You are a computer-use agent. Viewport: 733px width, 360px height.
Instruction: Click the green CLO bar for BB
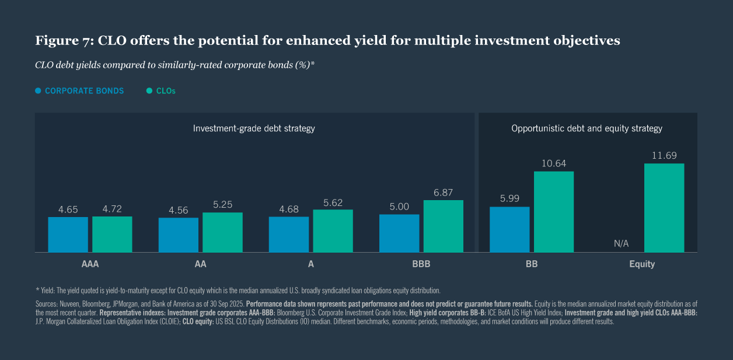point(553,212)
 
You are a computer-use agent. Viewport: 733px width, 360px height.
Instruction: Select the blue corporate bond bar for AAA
point(68,235)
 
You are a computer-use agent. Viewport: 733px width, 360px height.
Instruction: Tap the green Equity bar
point(664,208)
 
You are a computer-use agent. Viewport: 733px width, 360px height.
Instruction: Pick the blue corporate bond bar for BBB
point(399,233)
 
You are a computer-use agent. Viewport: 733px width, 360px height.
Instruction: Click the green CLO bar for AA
point(222,232)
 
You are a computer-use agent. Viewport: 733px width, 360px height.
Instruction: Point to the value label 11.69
point(664,155)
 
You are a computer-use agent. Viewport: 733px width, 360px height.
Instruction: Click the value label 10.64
point(553,163)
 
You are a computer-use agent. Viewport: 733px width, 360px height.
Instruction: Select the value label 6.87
point(443,192)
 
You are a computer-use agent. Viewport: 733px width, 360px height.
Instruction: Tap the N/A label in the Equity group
point(621,243)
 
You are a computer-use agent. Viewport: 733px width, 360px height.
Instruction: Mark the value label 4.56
point(178,209)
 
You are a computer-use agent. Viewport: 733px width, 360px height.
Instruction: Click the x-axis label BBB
point(421,264)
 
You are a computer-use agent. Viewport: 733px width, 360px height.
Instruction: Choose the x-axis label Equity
point(642,264)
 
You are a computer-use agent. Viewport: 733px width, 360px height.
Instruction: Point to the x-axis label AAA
point(90,264)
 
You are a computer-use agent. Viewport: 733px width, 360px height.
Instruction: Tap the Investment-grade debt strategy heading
point(254,128)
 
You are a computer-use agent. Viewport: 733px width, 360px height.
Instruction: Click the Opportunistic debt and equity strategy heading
point(587,128)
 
